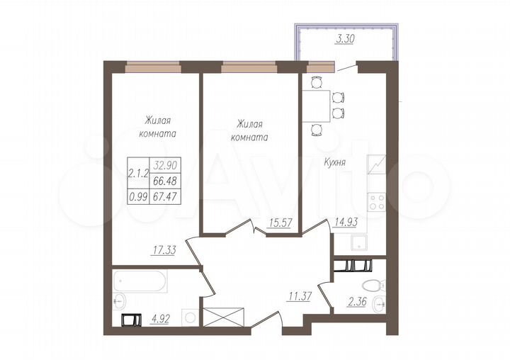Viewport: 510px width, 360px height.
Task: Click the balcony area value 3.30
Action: [x=345, y=40]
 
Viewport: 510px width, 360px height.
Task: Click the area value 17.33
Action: [x=164, y=249]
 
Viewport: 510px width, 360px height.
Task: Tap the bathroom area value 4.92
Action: [x=159, y=319]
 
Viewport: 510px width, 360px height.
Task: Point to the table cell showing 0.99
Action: [x=138, y=198]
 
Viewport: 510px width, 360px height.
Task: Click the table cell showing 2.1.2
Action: [x=138, y=171]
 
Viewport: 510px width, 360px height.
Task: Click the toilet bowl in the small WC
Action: [x=372, y=286]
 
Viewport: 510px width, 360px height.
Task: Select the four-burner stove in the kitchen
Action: [x=376, y=202]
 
